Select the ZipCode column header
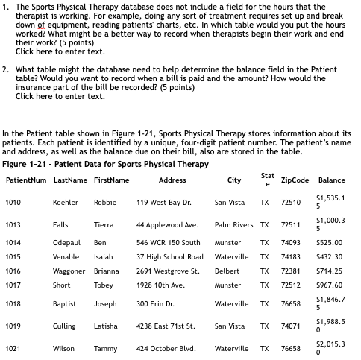click(x=295, y=180)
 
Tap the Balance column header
click(x=331, y=180)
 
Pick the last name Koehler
click(x=66, y=202)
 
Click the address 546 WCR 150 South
click(x=168, y=243)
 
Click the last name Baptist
click(x=65, y=304)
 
